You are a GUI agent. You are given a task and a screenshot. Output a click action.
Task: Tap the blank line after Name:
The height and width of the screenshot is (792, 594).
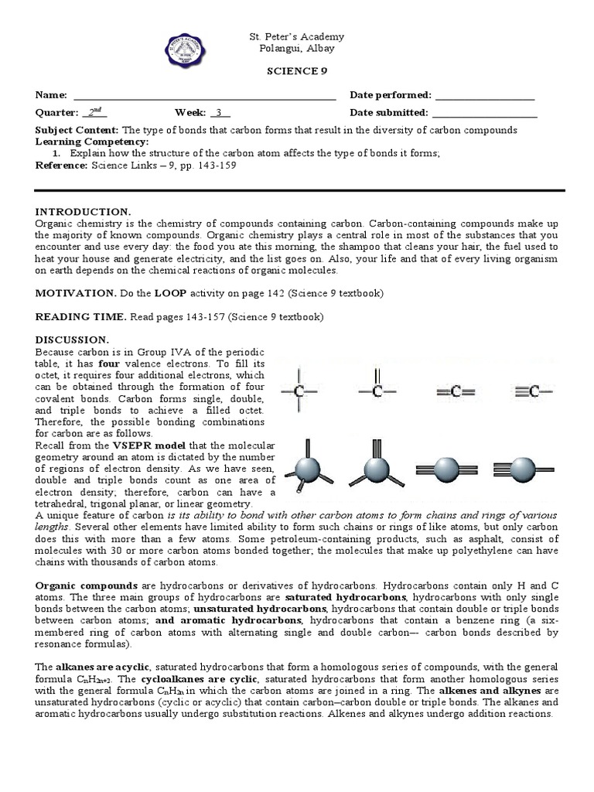[204, 96]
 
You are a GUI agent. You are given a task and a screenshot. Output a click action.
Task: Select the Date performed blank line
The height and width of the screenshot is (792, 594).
[485, 96]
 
